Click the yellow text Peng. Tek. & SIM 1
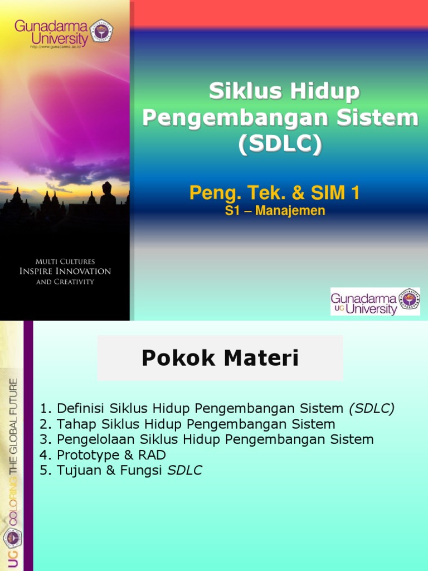pyautogui.click(x=274, y=193)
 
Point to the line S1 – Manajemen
pyautogui.click(x=275, y=211)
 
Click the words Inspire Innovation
pyautogui.click(x=65, y=272)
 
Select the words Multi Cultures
pyautogui.click(x=65, y=261)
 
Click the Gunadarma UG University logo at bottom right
pyautogui.click(x=374, y=302)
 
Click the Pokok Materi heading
pyautogui.click(x=220, y=359)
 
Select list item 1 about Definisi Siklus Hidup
pyautogui.click(x=217, y=408)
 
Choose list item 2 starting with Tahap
pyautogui.click(x=188, y=424)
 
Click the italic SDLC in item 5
pyautogui.click(x=184, y=471)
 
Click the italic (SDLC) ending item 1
pyautogui.click(x=372, y=408)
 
